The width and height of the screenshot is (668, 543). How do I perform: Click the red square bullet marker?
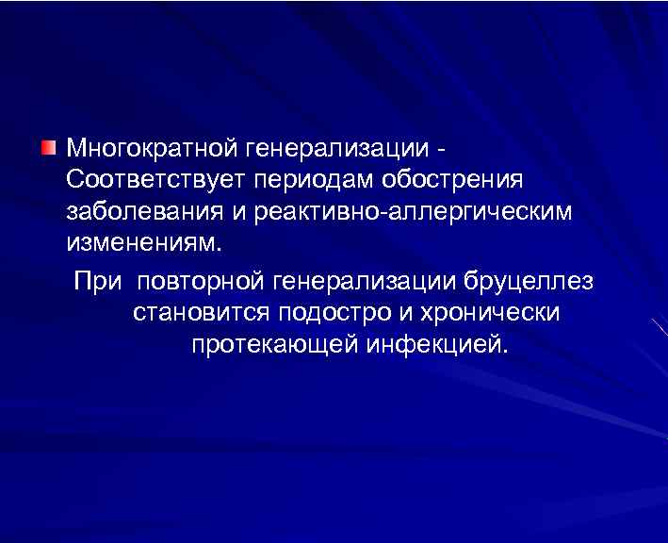point(48,147)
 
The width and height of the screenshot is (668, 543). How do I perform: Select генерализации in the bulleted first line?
point(337,149)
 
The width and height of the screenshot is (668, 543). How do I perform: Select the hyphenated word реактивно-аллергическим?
point(413,210)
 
